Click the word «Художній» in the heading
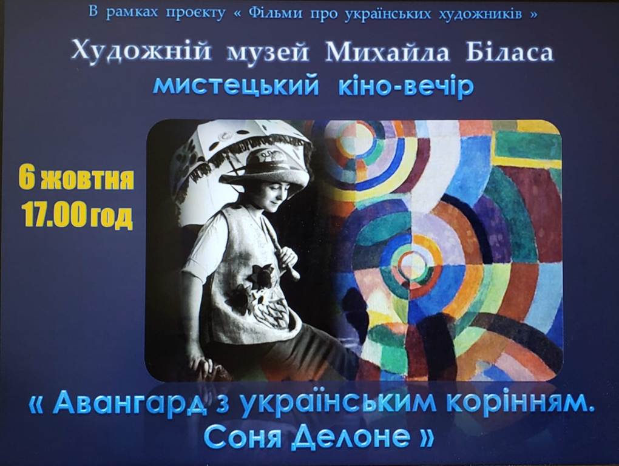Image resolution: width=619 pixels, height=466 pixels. (141, 52)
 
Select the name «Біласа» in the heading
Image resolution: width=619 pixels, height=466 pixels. (509, 51)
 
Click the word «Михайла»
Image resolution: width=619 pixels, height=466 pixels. (388, 52)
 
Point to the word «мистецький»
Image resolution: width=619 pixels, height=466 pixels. (235, 87)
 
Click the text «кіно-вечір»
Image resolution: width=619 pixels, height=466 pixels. (406, 86)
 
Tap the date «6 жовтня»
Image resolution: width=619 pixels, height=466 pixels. (76, 179)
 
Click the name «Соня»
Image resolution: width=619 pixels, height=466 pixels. (242, 437)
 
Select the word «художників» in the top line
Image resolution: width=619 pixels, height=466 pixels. (480, 13)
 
